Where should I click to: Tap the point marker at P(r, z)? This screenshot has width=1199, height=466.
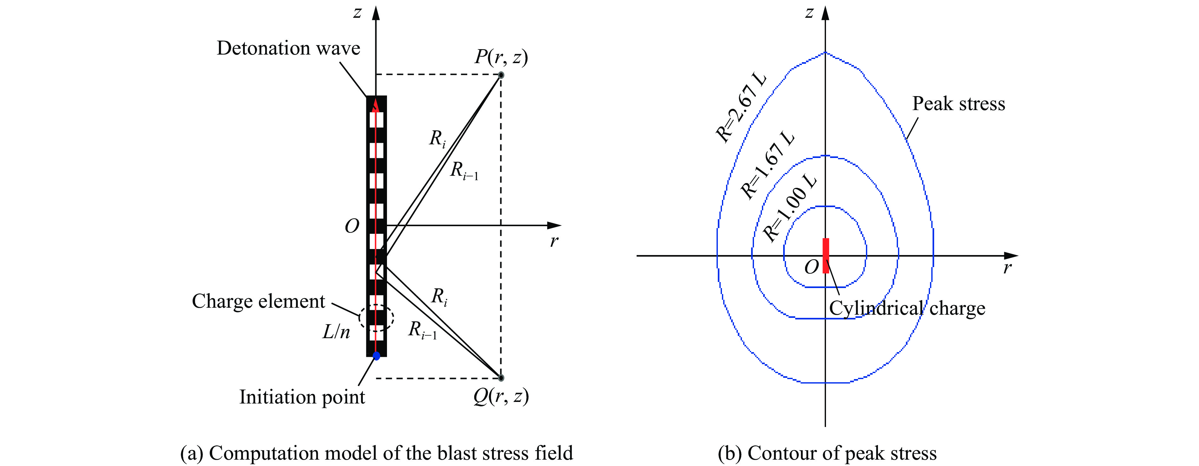coord(501,75)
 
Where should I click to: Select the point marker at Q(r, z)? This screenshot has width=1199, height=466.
coord(501,377)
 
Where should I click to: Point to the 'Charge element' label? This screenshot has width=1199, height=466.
coord(258,301)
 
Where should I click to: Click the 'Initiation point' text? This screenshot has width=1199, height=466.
coord(302,397)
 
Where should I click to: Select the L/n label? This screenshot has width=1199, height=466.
coord(336,331)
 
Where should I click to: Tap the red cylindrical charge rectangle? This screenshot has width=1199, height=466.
coord(826,256)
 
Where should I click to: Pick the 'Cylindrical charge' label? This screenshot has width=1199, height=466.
coord(907,308)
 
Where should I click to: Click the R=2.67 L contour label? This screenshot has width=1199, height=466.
coord(741,108)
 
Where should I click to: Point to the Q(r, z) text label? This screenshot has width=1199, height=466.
coord(501,396)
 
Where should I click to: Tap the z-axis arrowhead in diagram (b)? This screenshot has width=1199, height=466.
coord(825,13)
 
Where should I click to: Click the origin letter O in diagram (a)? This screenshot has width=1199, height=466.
coord(352,226)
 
